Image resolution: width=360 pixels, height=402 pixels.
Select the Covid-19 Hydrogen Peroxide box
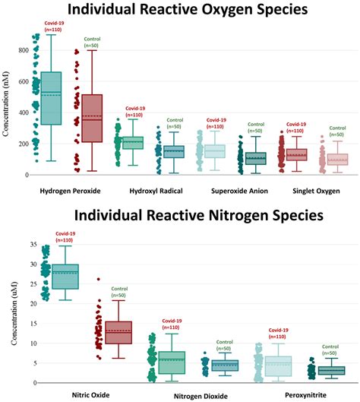[51, 97]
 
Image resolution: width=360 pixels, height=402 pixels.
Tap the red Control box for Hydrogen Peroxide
[92, 118]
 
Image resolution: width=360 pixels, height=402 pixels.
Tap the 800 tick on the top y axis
[24, 50]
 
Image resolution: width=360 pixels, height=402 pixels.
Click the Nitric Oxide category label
[85, 394]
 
